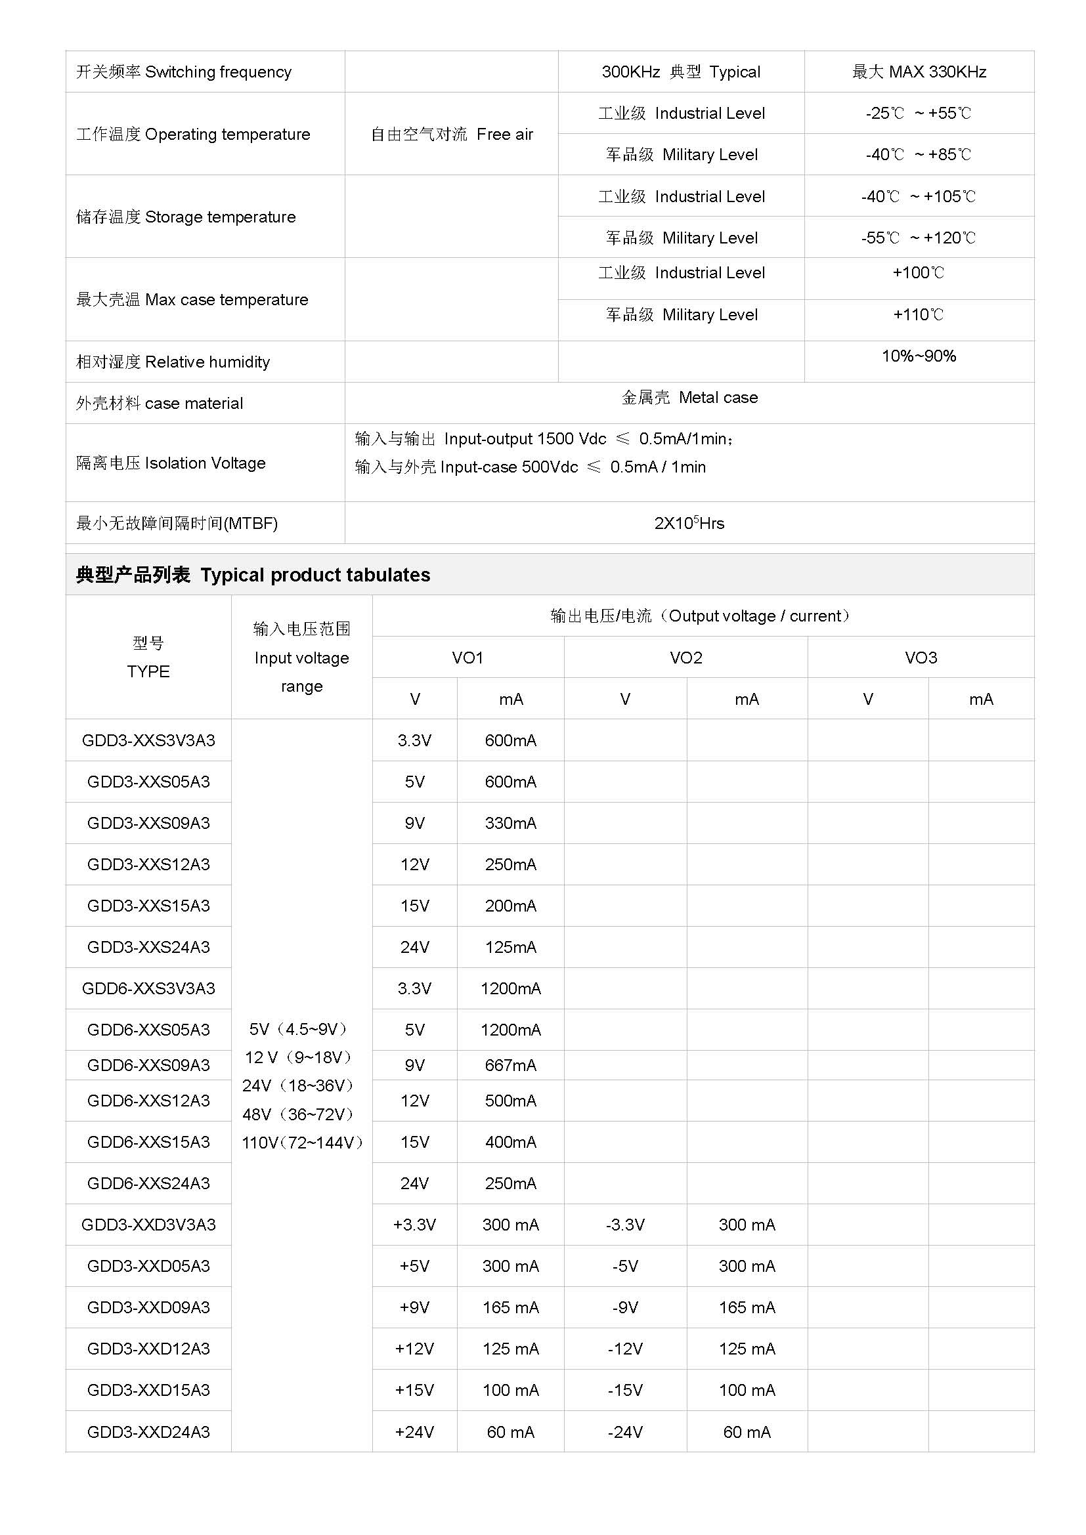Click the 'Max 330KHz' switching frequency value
click(x=919, y=72)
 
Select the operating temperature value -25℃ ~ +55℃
click(x=918, y=113)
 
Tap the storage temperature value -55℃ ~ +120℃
click(x=918, y=238)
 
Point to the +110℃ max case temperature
click(x=918, y=314)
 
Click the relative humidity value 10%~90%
click(x=918, y=356)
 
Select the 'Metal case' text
click(x=689, y=398)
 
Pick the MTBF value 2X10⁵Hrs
click(x=689, y=523)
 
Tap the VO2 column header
click(x=685, y=658)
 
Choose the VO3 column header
click(x=920, y=658)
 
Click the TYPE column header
click(x=148, y=671)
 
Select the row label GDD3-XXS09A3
click(x=148, y=823)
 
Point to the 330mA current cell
click(x=510, y=823)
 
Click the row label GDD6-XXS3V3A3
click(x=148, y=988)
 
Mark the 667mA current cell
click(x=510, y=1065)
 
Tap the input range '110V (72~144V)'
click(x=301, y=1143)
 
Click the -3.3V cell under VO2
click(x=625, y=1225)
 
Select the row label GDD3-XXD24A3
click(x=148, y=1432)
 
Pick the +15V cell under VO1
click(x=414, y=1391)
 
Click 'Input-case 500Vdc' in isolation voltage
click(x=509, y=467)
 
